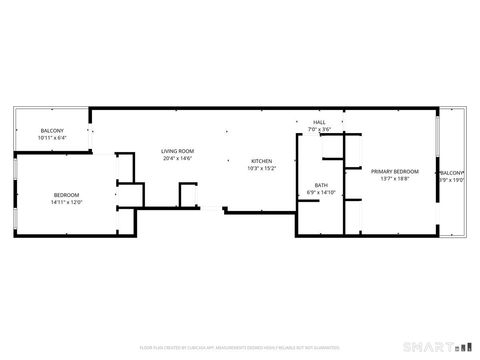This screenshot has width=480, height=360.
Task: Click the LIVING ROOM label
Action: [177, 151]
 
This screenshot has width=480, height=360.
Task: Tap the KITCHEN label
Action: [261, 161]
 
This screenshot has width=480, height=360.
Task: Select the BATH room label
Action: [321, 185]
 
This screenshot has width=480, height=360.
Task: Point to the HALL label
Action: [318, 123]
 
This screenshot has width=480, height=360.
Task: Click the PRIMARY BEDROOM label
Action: [395, 172]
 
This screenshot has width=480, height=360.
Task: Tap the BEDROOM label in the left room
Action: [67, 194]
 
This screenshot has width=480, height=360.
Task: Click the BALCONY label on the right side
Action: [452, 172]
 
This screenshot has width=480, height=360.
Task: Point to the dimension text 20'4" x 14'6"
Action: [177, 158]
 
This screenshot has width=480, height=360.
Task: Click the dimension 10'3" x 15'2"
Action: [261, 168]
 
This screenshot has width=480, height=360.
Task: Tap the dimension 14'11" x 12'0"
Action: [67, 201]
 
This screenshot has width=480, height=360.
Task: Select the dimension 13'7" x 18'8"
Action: [395, 179]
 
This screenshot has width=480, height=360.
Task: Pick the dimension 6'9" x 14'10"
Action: [321, 192]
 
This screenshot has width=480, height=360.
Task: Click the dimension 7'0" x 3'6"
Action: [318, 130]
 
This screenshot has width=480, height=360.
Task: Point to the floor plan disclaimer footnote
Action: [240, 346]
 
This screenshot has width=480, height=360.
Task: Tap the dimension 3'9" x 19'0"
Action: [452, 179]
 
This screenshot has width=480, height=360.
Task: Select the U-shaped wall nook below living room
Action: [187, 195]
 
